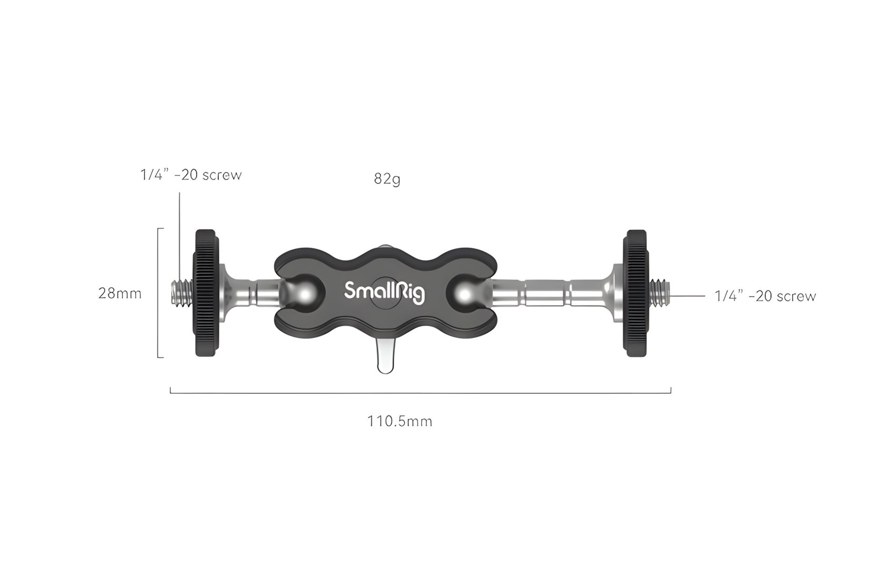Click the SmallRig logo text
(384, 292)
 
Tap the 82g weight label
(387, 179)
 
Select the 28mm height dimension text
(120, 294)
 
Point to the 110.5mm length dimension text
(400, 421)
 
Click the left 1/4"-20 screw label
(191, 175)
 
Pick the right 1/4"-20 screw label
(765, 296)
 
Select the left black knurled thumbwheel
(206, 293)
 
